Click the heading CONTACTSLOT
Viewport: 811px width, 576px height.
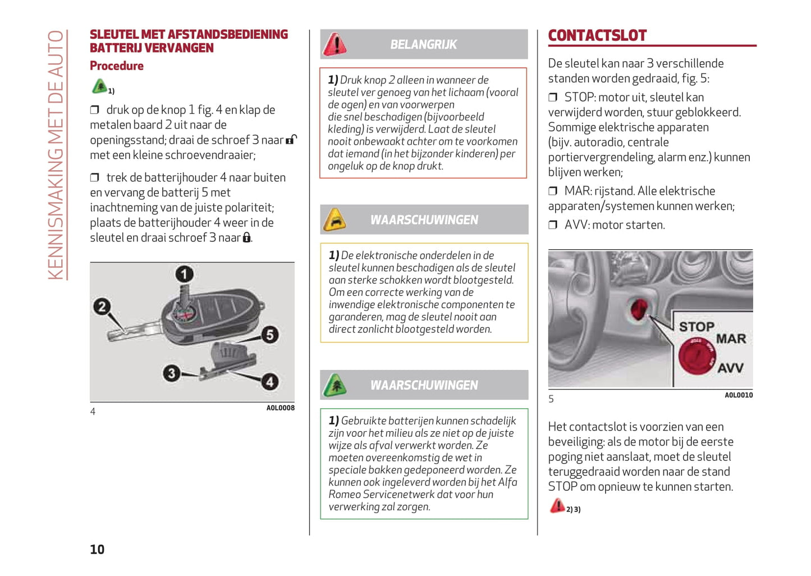click(597, 35)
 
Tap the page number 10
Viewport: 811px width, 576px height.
click(97, 549)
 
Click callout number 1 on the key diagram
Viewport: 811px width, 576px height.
click(184, 274)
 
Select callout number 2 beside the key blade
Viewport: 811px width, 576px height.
click(102, 307)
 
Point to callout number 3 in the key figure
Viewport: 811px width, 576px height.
click(172, 373)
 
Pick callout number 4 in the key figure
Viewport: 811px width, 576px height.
click(269, 382)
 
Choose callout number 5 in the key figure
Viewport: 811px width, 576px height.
click(269, 335)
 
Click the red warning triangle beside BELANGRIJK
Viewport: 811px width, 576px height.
click(335, 44)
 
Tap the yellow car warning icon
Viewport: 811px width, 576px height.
click(335, 220)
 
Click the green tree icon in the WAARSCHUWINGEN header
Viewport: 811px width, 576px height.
click(335, 385)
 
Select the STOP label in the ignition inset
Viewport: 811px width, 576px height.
click(697, 327)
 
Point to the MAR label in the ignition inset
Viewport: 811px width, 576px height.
click(731, 339)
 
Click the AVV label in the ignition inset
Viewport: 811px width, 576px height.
click(730, 368)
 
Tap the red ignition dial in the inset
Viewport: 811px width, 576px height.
click(696, 356)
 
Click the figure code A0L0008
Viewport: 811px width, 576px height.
click(280, 408)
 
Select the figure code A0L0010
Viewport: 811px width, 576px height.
click(739, 395)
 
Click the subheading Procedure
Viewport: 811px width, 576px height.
click(117, 66)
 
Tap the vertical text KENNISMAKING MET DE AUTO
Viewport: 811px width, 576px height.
click(56, 154)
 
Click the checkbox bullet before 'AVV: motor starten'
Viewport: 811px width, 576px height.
click(553, 225)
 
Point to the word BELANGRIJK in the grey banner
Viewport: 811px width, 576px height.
click(424, 44)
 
